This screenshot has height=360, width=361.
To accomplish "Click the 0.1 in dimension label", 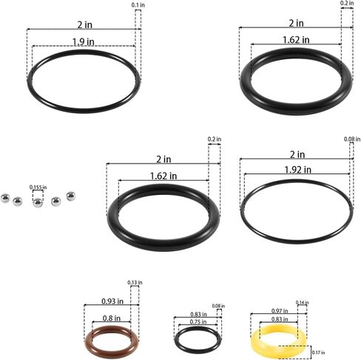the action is click(138, 5).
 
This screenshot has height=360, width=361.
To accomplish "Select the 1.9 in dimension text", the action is click(84, 41).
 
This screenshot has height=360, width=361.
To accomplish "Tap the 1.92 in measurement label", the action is click(297, 170).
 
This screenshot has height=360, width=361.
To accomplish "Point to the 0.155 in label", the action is click(38, 187).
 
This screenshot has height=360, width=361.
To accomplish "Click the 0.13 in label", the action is click(135, 282).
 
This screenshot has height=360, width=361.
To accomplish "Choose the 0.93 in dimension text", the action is click(112, 301).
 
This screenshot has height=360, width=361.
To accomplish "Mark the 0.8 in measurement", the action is click(112, 318).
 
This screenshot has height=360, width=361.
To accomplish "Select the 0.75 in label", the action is click(198, 321).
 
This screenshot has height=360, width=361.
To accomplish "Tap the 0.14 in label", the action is click(302, 302).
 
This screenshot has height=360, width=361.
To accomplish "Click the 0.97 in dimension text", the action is click(280, 310).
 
